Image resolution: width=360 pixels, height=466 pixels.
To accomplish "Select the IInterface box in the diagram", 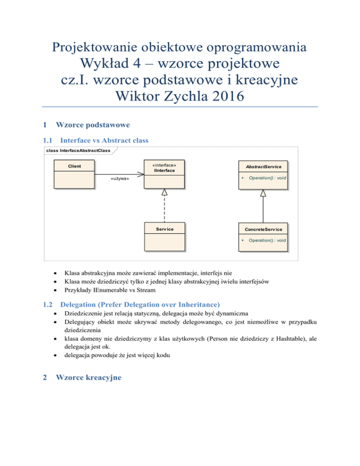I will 164,175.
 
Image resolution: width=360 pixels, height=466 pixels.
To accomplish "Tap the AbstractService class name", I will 262,167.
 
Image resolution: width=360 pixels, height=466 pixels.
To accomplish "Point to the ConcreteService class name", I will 262,229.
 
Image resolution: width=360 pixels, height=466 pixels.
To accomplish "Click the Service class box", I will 164,237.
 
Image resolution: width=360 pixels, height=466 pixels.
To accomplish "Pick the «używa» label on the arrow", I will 120,179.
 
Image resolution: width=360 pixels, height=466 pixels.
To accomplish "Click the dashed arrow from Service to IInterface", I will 164,206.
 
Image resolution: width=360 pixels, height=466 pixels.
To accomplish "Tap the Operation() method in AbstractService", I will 267,178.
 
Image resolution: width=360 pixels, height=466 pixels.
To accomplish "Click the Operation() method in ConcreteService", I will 267,240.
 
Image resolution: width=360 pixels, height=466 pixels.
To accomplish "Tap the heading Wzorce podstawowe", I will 89,125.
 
